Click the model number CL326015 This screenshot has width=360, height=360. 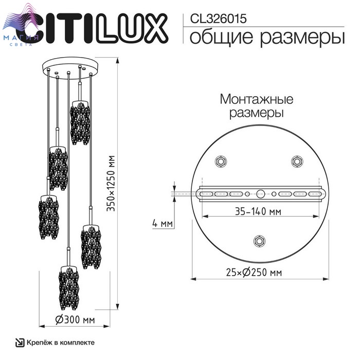218,19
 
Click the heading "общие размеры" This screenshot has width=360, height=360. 267,37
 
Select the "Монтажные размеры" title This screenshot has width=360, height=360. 257,106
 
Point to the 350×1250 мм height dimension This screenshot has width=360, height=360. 111,183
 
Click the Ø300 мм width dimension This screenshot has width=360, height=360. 75,319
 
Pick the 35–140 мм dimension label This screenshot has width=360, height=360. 258,211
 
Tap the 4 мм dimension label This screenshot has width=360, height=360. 163,223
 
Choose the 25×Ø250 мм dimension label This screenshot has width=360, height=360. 254,272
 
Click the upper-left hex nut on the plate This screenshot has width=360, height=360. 221,161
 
